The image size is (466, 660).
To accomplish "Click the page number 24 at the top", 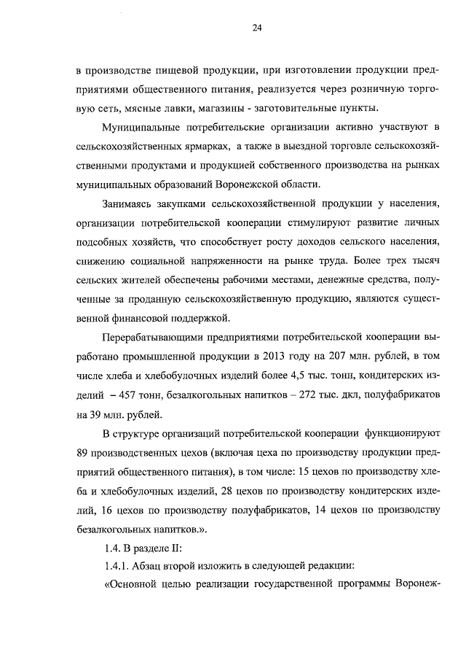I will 256,28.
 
